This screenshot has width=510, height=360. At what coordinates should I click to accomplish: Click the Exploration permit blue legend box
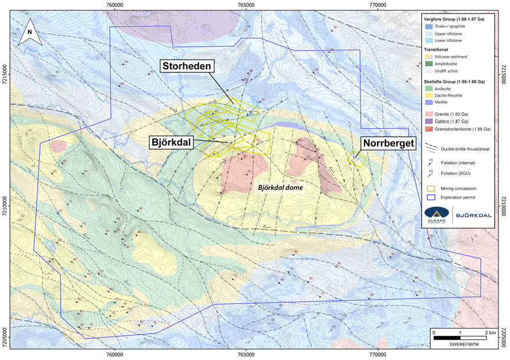(431, 197)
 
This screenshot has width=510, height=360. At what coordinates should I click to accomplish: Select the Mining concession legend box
(431, 188)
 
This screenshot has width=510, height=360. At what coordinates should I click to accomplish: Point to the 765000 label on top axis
(246, 5)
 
